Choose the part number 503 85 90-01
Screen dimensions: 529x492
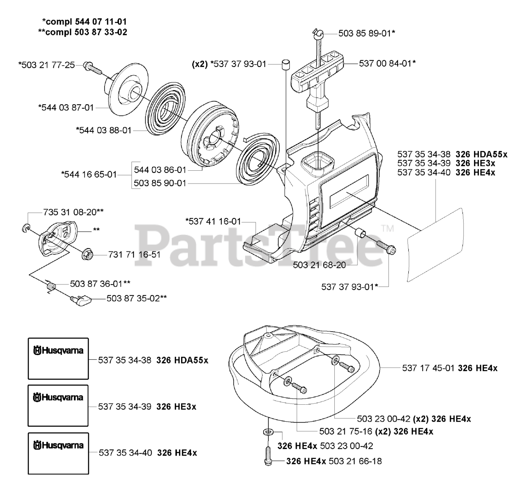coord(160,183)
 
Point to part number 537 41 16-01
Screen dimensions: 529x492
coord(213,222)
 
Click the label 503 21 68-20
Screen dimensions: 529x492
coord(319,264)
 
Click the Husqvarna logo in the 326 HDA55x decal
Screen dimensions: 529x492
coord(58,351)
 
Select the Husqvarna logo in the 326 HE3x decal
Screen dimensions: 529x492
coord(58,398)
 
